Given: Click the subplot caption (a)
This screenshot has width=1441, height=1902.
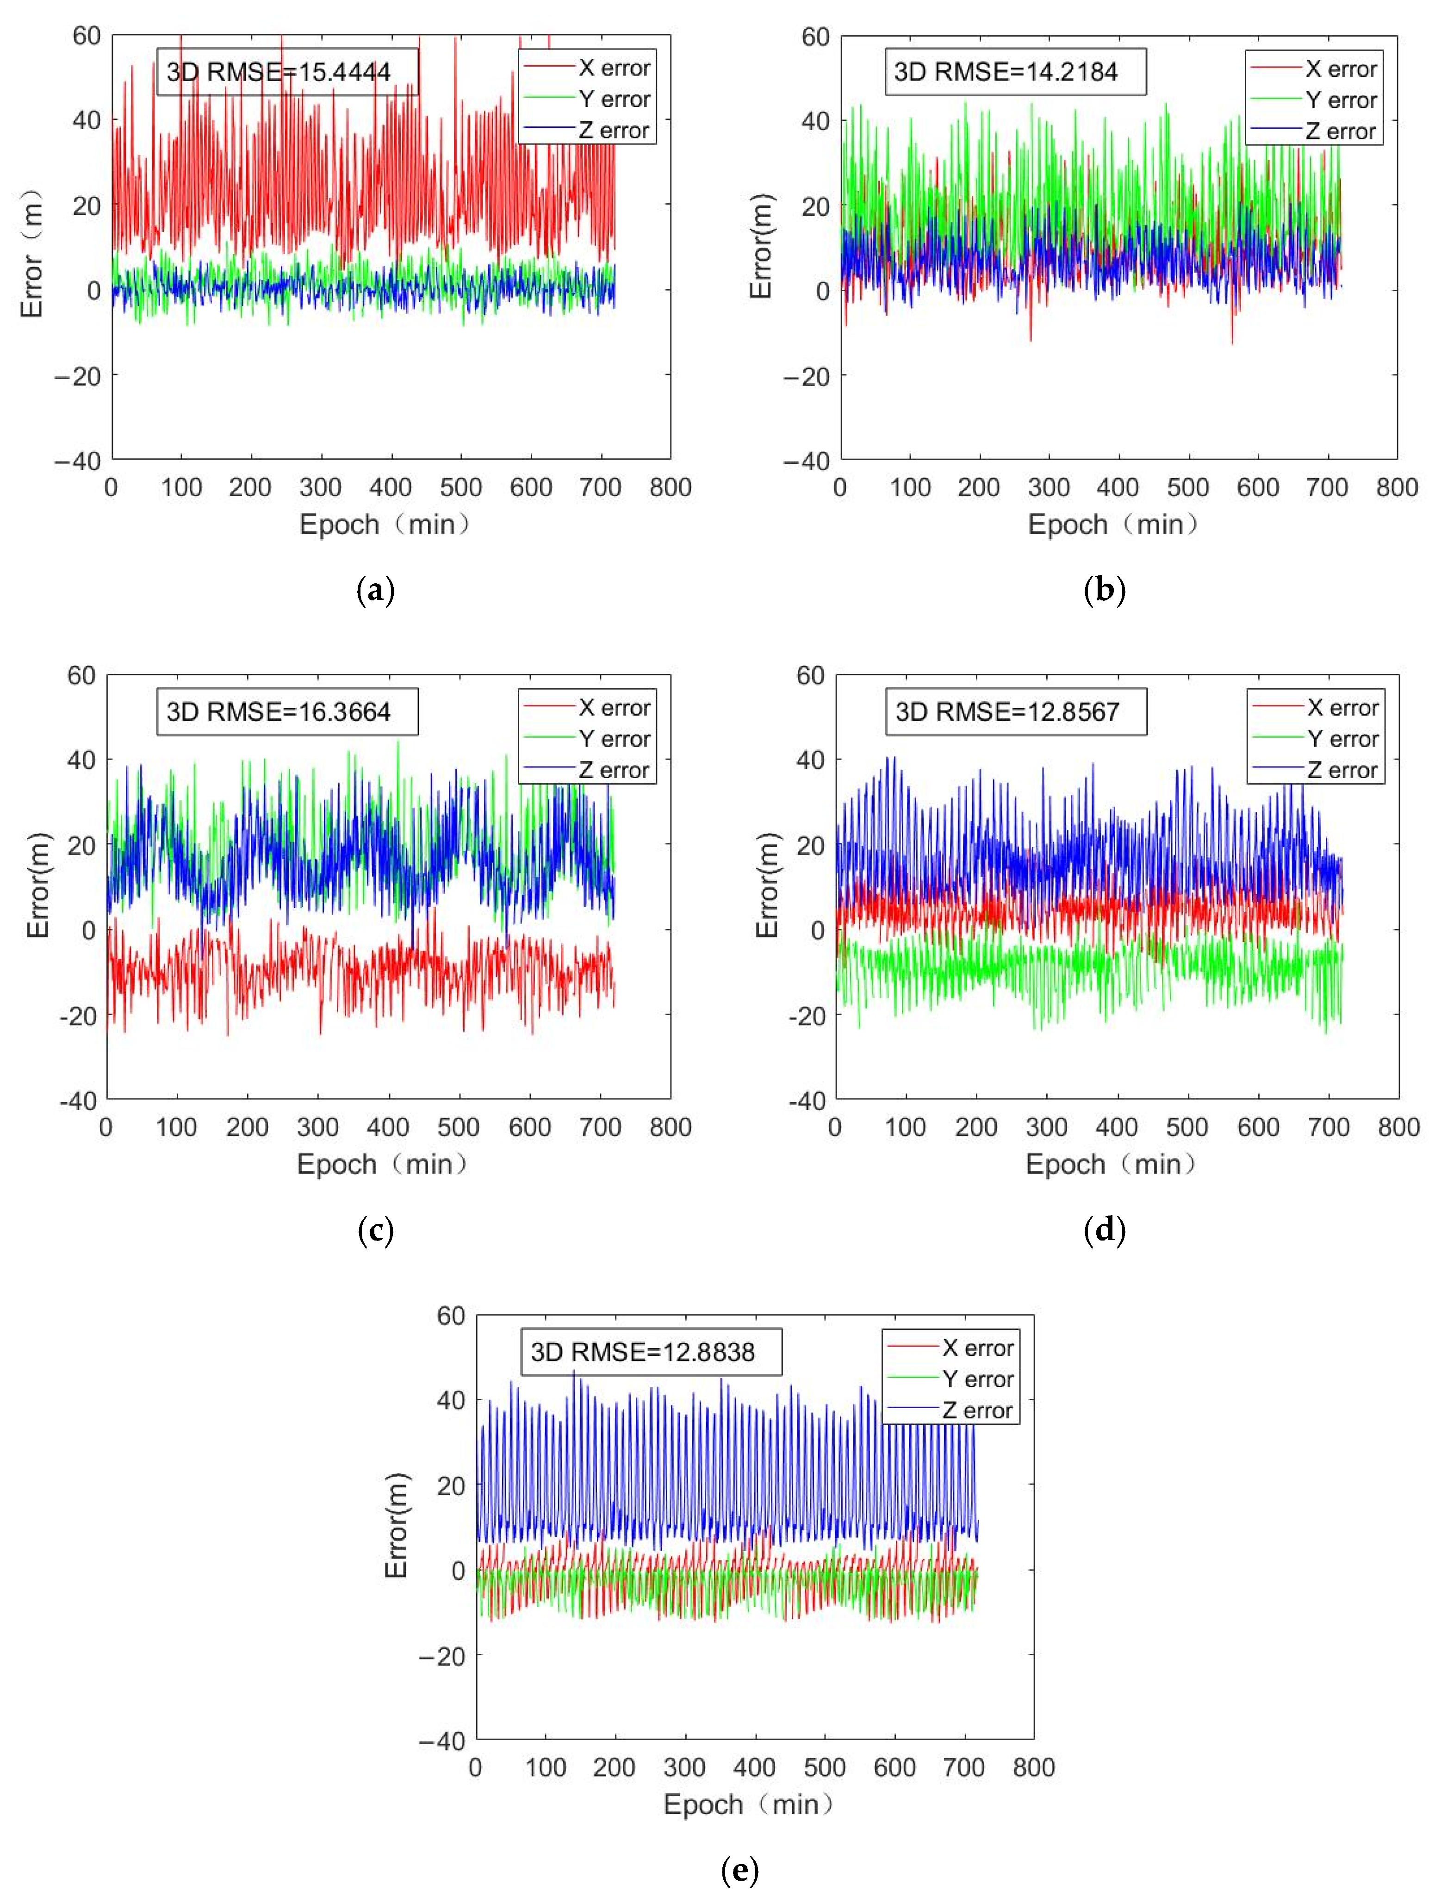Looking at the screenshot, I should [x=376, y=591].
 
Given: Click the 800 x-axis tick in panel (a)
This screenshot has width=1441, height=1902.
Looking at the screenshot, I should [x=670, y=487].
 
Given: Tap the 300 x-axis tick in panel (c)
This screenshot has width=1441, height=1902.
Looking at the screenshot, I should [x=317, y=1127].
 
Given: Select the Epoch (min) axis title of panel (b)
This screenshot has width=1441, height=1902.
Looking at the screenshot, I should [x=1112, y=524].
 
